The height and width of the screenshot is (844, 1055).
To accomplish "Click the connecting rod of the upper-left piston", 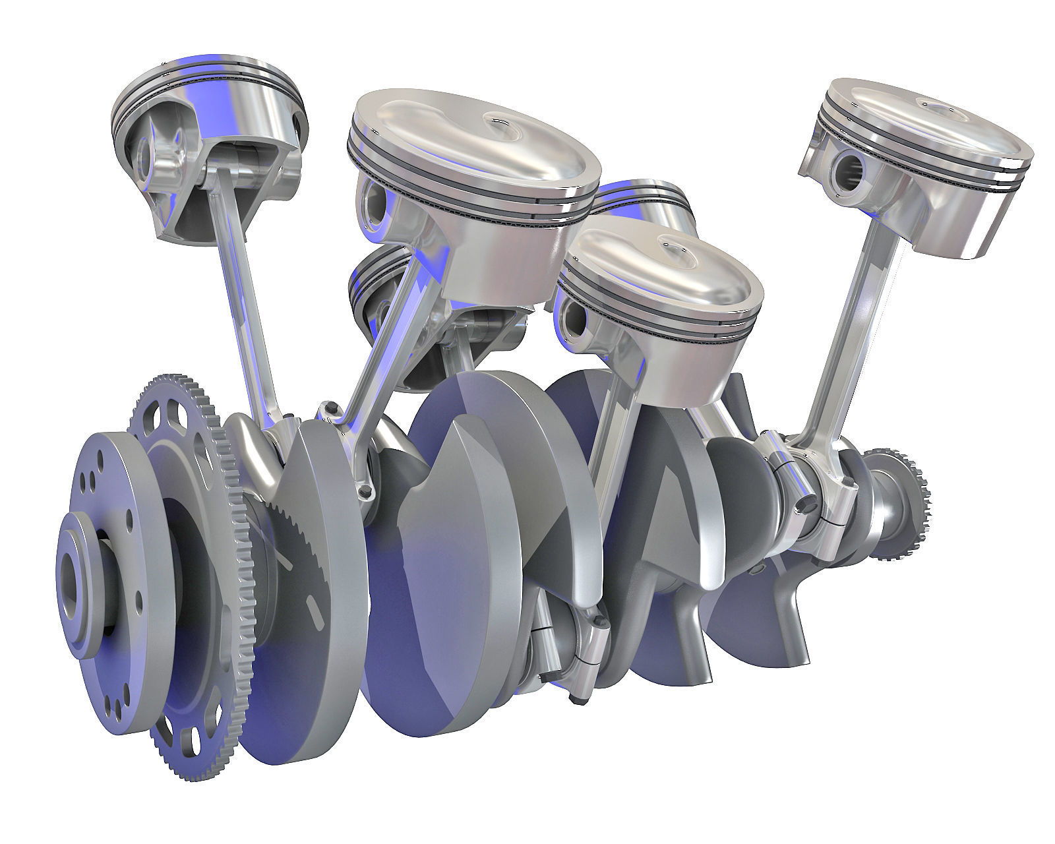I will (x=244, y=290).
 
